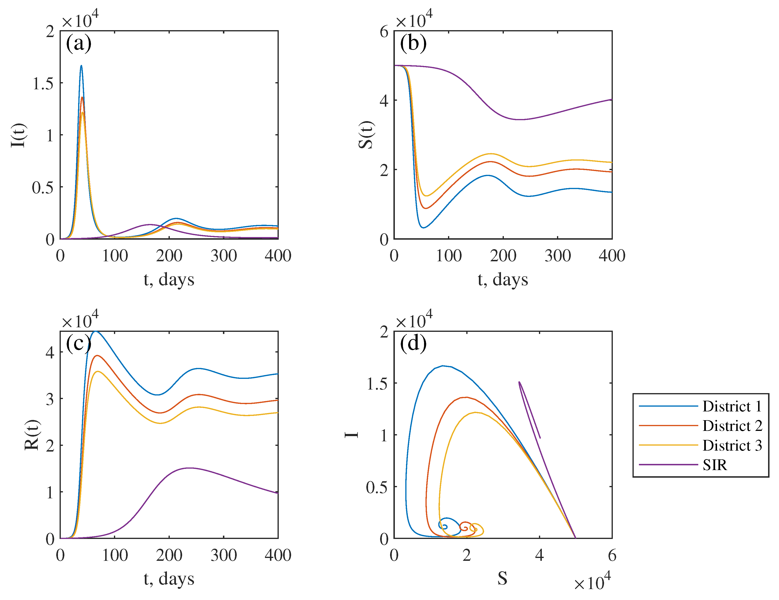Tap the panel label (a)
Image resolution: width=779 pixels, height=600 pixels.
click(x=79, y=43)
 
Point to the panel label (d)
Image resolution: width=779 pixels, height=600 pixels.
click(x=413, y=343)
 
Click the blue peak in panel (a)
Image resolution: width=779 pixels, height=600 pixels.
click(x=81, y=66)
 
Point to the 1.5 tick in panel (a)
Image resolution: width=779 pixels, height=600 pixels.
click(x=43, y=83)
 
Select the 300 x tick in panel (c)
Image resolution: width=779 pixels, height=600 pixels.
click(x=224, y=555)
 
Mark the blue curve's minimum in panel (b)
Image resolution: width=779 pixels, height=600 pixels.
click(x=423, y=227)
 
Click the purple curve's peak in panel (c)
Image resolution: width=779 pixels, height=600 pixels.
click(x=189, y=468)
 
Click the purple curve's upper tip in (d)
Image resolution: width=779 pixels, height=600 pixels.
click(x=519, y=382)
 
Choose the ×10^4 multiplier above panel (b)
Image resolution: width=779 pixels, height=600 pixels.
click(x=414, y=20)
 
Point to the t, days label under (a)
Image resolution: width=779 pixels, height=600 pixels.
click(x=169, y=280)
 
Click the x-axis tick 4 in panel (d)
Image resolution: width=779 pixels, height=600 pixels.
click(x=539, y=555)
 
